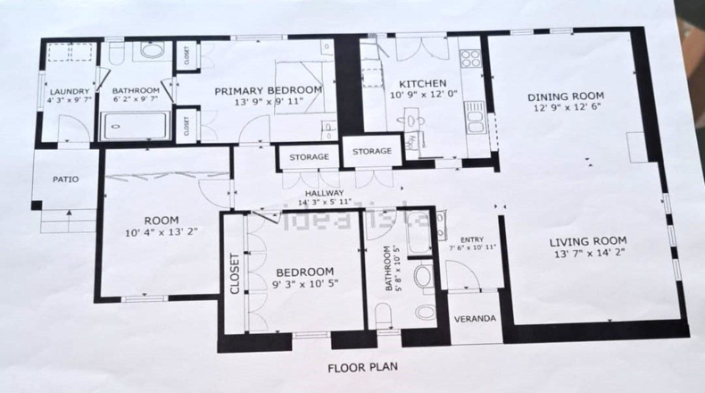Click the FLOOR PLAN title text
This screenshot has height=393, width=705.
pos(363,367)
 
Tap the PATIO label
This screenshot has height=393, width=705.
pos(66,180)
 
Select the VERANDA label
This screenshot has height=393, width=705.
pos(475,319)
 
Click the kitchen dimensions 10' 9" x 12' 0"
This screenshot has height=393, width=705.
pos(424,95)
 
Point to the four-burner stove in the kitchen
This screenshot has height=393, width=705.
pos(470,58)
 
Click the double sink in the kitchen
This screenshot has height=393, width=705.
pos(475,117)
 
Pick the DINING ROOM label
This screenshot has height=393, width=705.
pos(566,96)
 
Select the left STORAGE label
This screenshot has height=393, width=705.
pos(309,156)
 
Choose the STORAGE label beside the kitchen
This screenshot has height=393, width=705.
pos(372,151)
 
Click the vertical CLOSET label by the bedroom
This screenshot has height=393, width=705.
pos(235,273)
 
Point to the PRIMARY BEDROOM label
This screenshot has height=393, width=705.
pos(269,90)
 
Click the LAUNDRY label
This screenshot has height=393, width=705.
pos(70,91)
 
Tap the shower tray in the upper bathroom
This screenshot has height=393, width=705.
pos(135,126)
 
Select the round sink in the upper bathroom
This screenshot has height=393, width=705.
pos(153,50)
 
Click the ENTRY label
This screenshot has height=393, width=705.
pos(472,239)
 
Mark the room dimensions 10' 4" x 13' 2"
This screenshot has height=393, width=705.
pos(162,232)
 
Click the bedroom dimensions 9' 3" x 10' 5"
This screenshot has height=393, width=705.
pos(305,284)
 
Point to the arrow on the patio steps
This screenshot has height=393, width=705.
pos(70,215)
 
